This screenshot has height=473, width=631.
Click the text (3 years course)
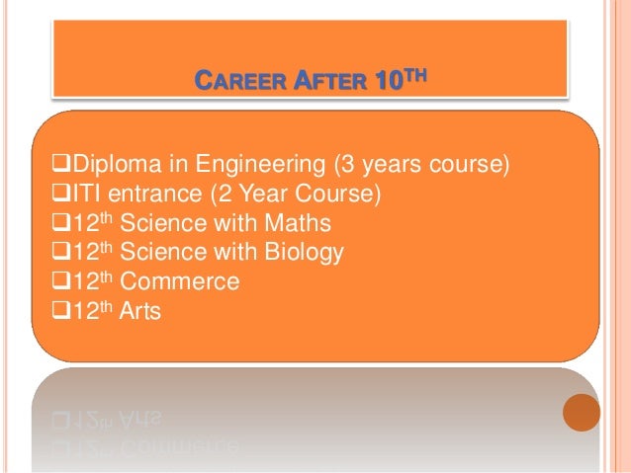421,162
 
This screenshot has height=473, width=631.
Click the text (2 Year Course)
288,192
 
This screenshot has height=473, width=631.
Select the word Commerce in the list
187,282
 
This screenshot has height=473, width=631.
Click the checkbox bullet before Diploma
44,163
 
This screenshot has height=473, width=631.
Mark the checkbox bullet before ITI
44,193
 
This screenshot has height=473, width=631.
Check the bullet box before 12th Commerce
44,282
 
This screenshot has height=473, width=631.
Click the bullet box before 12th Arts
44,313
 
